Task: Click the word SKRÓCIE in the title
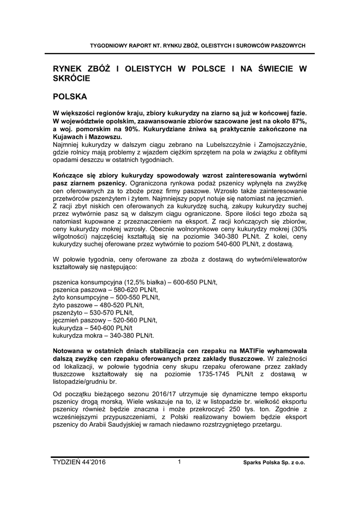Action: (x=71, y=78)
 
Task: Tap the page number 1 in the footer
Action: (x=179, y=462)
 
